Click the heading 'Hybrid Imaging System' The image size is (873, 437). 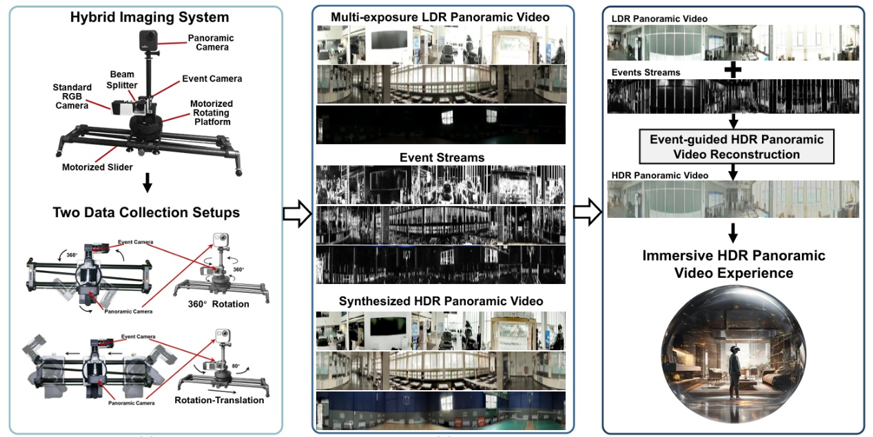pyautogui.click(x=150, y=17)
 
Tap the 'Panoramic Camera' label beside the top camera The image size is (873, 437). pyautogui.click(x=211, y=43)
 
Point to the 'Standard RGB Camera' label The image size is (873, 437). pyautogui.click(x=72, y=96)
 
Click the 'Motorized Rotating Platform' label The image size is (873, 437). pyautogui.click(x=211, y=112)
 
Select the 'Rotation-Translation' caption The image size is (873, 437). pyautogui.click(x=219, y=400)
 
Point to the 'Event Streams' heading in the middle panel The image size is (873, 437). pyautogui.click(x=442, y=158)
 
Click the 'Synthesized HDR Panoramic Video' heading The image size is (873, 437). pyautogui.click(x=441, y=301)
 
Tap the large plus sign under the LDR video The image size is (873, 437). pyautogui.click(x=734, y=70)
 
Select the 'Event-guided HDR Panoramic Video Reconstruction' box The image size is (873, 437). pyautogui.click(x=736, y=147)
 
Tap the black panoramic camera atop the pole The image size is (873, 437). pyautogui.click(x=149, y=39)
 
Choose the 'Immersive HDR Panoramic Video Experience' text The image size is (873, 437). pyautogui.click(x=734, y=265)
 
